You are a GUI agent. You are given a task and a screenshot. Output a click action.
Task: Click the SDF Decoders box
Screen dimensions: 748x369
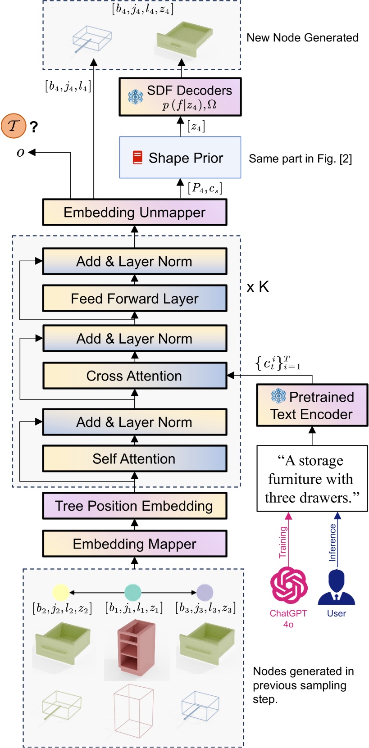180,97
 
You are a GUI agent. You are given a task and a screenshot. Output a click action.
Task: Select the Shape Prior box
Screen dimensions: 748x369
180,158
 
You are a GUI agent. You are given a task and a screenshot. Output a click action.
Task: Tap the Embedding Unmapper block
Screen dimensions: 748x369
134,212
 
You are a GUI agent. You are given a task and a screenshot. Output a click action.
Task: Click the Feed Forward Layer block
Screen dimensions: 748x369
134,298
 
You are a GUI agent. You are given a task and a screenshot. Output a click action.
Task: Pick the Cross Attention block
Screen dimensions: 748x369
134,376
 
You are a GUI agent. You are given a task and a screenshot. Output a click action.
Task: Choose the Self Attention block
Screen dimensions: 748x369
134,458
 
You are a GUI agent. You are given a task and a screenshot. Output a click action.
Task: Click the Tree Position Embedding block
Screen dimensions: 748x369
134,506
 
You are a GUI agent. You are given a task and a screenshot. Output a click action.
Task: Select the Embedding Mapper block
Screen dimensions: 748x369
134,544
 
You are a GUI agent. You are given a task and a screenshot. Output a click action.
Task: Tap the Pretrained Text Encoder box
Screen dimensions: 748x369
312,405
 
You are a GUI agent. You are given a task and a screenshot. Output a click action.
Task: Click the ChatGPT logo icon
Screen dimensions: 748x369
289,585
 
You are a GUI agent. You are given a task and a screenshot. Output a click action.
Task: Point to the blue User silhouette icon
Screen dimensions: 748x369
337,587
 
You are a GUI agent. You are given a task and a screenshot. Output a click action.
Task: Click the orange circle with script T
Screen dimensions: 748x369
14,126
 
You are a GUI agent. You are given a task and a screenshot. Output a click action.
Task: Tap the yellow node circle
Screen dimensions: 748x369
60,593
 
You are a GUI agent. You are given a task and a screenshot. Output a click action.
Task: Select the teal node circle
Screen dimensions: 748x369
132,593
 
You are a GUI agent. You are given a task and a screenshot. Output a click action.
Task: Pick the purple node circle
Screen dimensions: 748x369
205,593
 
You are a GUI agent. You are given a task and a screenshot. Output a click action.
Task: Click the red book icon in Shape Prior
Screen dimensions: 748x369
137,158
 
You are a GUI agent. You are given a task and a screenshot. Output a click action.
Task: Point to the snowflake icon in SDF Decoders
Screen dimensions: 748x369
135,96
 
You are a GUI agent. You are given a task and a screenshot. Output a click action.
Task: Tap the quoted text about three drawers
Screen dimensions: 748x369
312,479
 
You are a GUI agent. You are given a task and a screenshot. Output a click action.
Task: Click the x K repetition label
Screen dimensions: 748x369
258,287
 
